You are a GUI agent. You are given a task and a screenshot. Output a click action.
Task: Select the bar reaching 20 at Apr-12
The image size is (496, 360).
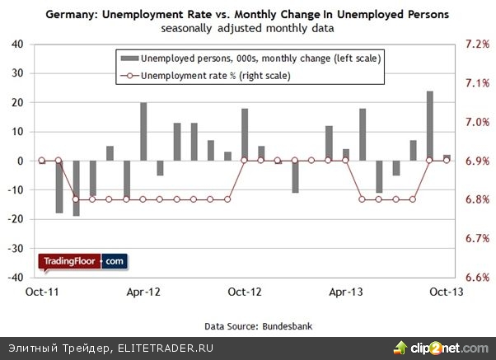[143, 132]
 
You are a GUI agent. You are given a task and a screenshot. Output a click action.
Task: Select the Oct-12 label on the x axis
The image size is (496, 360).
[244, 292]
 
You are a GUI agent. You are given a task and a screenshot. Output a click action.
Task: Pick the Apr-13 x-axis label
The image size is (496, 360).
[346, 292]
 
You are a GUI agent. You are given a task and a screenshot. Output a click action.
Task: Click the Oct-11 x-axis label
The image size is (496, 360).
[41, 292]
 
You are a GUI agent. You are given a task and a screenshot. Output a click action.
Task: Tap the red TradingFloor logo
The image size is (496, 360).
[70, 262]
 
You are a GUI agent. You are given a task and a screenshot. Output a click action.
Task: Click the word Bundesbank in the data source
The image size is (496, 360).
[286, 325]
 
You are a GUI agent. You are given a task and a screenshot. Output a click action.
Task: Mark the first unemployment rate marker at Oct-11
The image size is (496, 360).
[41, 161]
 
